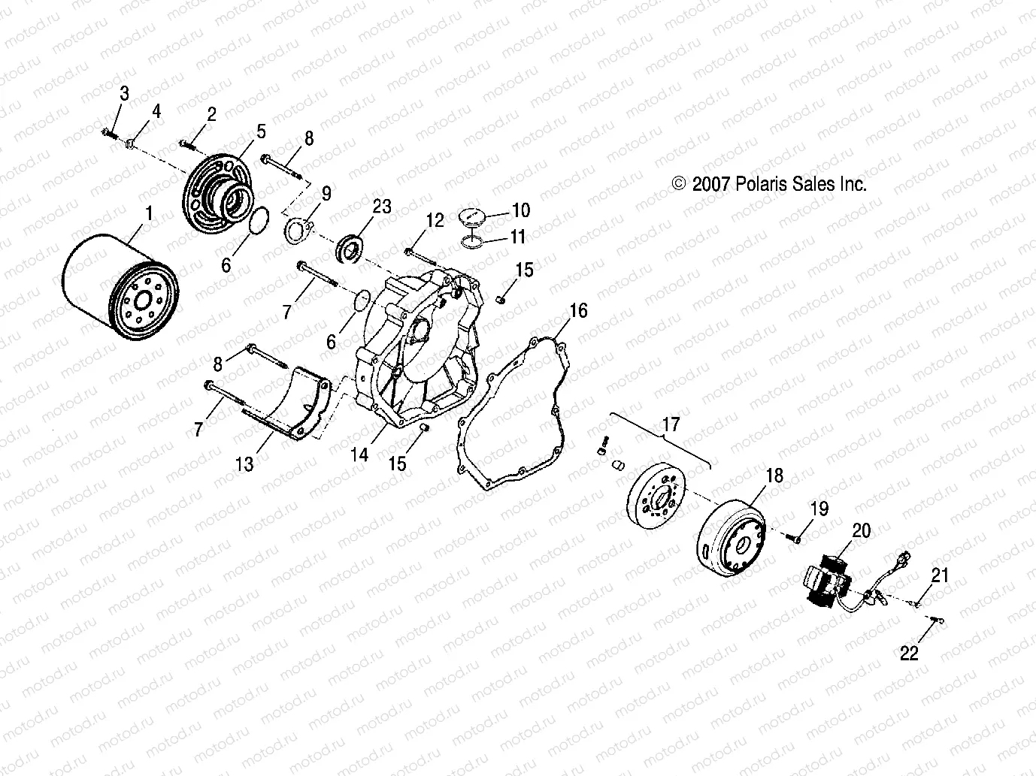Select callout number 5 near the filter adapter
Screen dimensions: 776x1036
pyautogui.click(x=260, y=132)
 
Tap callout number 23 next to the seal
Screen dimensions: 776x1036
pyautogui.click(x=382, y=206)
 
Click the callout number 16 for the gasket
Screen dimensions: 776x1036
pyautogui.click(x=578, y=310)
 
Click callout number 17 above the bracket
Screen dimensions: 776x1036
pyautogui.click(x=670, y=425)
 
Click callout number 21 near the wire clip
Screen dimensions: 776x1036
pyautogui.click(x=940, y=576)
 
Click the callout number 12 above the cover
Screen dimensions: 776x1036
pyautogui.click(x=435, y=220)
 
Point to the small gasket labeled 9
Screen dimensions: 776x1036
pyautogui.click(x=299, y=228)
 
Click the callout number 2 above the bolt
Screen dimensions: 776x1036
pyautogui.click(x=211, y=114)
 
